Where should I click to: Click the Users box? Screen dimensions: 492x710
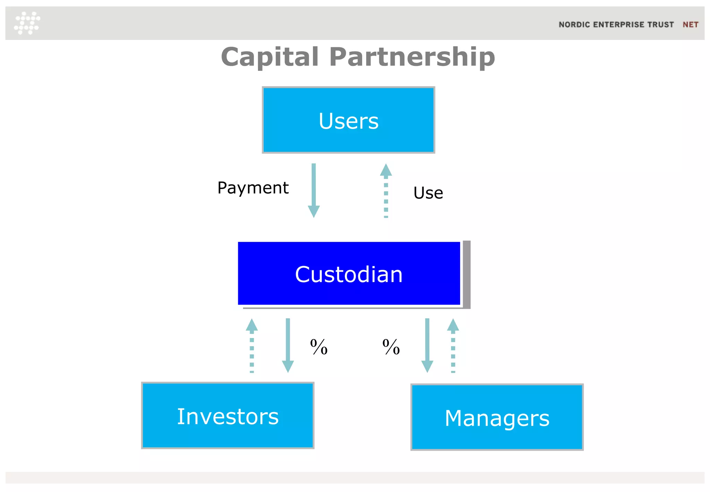coord(348,120)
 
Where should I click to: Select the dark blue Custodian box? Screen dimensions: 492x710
coord(349,273)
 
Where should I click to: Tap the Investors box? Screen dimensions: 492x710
coord(228,416)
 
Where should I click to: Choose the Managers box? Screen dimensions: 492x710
coord(497,417)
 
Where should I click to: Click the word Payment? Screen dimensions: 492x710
coord(253,188)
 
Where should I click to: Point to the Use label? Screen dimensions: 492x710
coord(428,193)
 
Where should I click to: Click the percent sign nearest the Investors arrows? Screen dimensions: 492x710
coord(319,347)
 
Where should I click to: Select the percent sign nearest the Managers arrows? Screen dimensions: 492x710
coord(391,347)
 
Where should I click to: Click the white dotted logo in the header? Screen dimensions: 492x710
coord(27,23)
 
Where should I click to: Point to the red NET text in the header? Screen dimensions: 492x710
coord(690,25)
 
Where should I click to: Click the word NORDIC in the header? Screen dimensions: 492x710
coord(574,25)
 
